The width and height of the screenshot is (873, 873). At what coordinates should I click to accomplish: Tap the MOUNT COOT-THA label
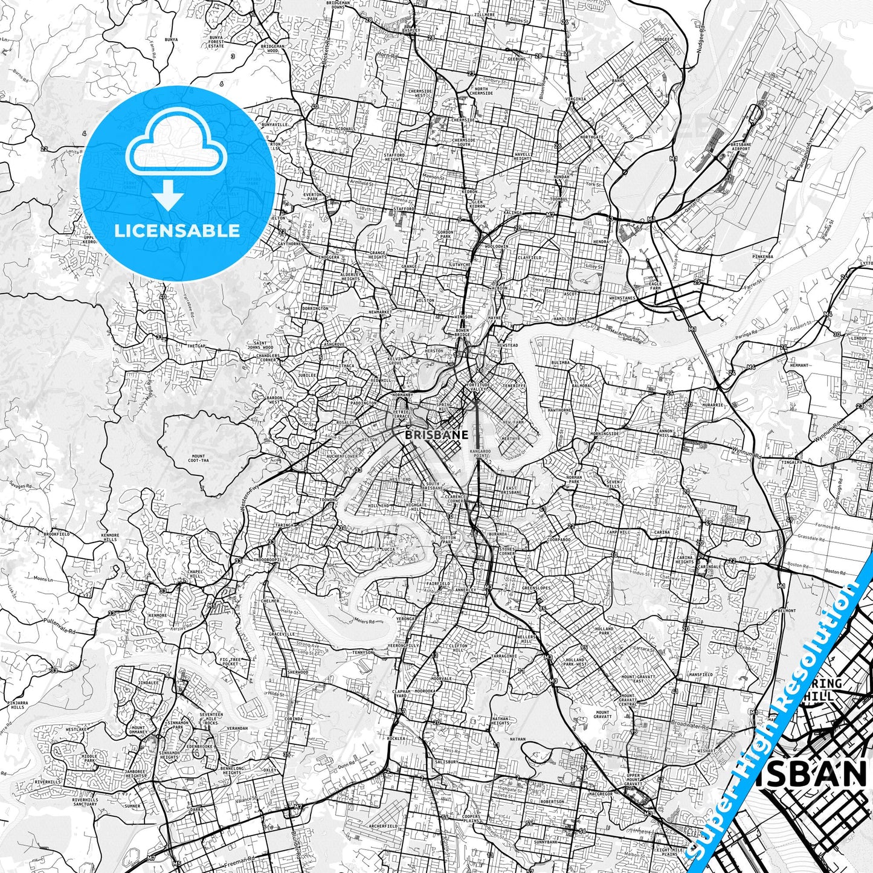coord(198,459)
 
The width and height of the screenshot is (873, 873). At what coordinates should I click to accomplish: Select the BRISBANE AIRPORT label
coord(741,147)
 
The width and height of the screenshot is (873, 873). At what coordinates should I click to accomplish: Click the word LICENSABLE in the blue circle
coord(176,230)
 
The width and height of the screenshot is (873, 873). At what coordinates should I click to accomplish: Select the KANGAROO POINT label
coord(482,453)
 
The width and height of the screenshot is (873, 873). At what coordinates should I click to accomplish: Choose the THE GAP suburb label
coord(196,346)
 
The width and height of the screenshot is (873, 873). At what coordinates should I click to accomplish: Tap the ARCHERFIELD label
coord(382,825)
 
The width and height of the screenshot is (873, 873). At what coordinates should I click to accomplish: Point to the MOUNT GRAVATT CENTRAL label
coord(628,700)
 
